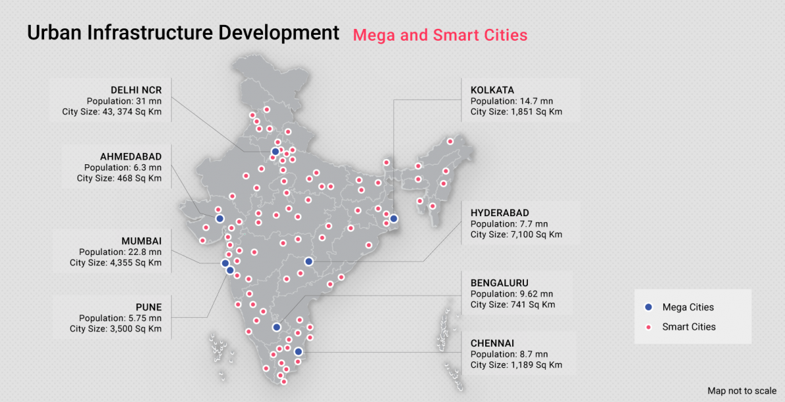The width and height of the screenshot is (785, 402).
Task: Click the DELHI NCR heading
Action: coord(135,90)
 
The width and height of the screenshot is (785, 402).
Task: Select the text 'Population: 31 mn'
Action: coord(124,101)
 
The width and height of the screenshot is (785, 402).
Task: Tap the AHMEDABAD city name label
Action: coord(130,157)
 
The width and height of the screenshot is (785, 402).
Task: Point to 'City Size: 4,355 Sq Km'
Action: coord(116,263)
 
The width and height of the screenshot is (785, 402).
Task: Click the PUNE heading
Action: coord(149,307)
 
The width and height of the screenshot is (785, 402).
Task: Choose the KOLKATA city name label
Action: coord(492,90)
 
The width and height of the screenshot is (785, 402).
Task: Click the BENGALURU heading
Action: coord(500,283)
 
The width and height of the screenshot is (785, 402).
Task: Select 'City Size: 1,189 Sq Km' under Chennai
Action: coord(516,365)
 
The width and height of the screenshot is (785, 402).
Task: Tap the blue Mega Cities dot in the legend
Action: coord(649,307)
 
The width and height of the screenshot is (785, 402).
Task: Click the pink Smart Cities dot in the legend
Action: coord(649,327)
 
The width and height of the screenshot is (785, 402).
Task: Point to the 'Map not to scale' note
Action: coord(742,391)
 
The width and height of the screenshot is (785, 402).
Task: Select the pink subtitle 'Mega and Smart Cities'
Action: coord(440,35)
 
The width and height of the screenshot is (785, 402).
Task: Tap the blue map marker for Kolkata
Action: coord(394,219)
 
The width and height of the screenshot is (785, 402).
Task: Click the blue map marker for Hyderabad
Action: coord(308,261)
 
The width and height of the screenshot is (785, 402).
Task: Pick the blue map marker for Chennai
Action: coord(298,351)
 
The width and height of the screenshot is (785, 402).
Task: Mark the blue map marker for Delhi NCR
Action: coord(275,152)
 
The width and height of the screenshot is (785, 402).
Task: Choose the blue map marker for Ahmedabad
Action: coord(220,219)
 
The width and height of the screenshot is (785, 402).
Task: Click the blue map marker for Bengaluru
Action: coord(277,327)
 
